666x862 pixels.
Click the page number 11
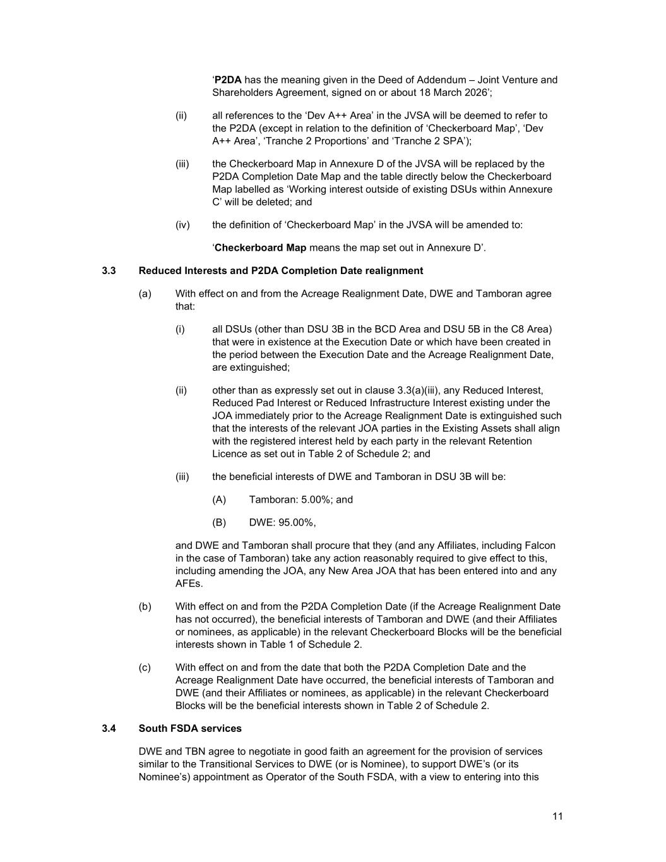coord(557,817)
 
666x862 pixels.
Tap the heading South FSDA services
coord(190,729)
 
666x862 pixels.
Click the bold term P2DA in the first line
coord(228,80)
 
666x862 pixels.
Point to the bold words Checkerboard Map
coord(260,248)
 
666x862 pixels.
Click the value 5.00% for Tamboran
coord(316,500)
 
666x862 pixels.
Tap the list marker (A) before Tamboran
coord(219,500)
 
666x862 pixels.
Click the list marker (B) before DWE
coord(219,523)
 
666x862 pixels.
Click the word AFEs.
coord(189,584)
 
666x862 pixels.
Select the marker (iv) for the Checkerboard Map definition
coord(182,225)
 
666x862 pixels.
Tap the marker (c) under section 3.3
coord(145,667)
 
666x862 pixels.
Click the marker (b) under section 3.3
coord(145,607)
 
